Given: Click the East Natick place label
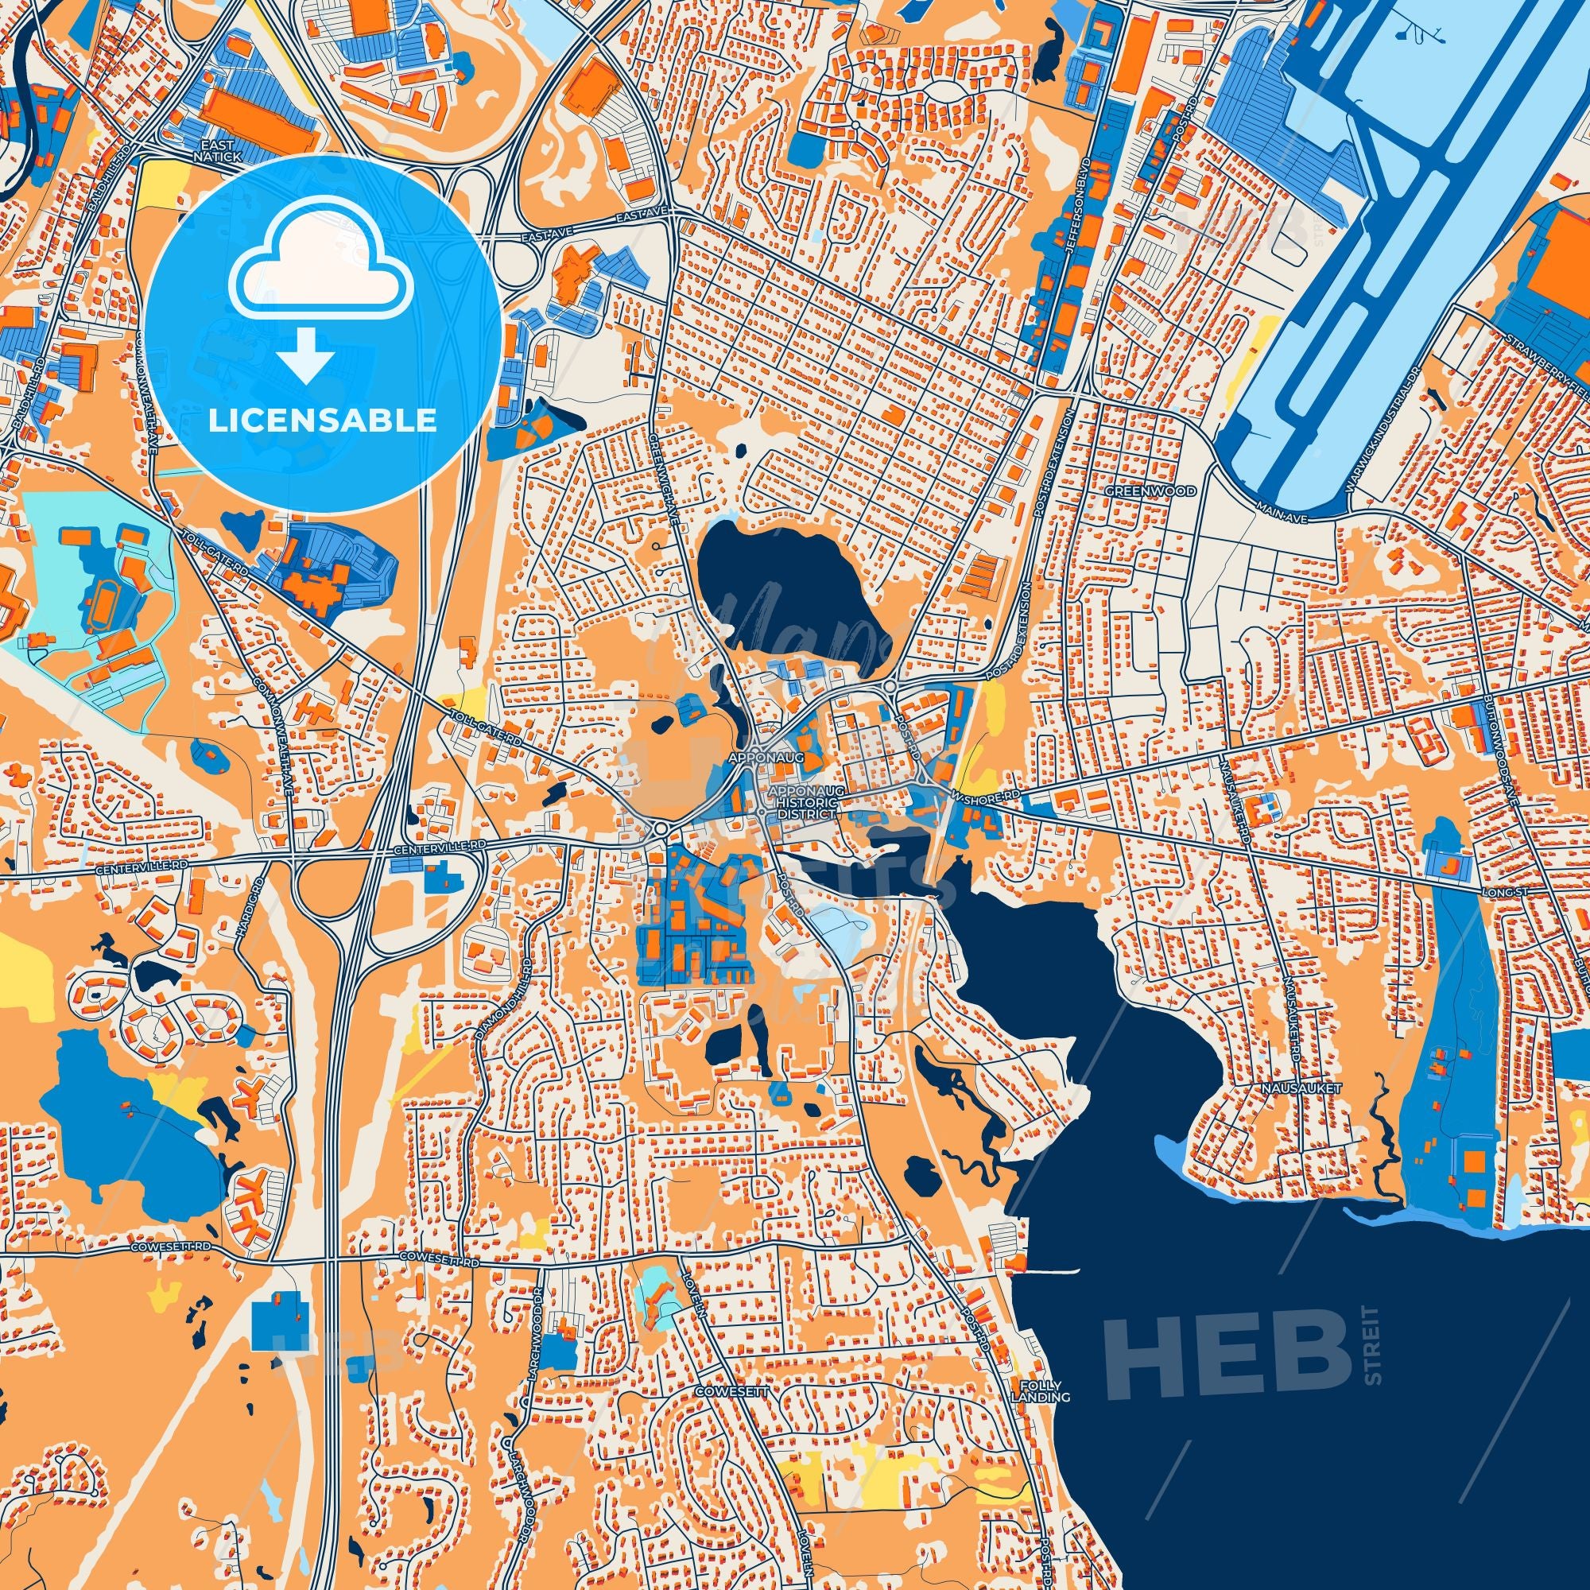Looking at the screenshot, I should point(217,149).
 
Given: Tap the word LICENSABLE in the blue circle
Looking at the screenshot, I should point(323,421).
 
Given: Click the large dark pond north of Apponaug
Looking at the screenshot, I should point(781,592).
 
